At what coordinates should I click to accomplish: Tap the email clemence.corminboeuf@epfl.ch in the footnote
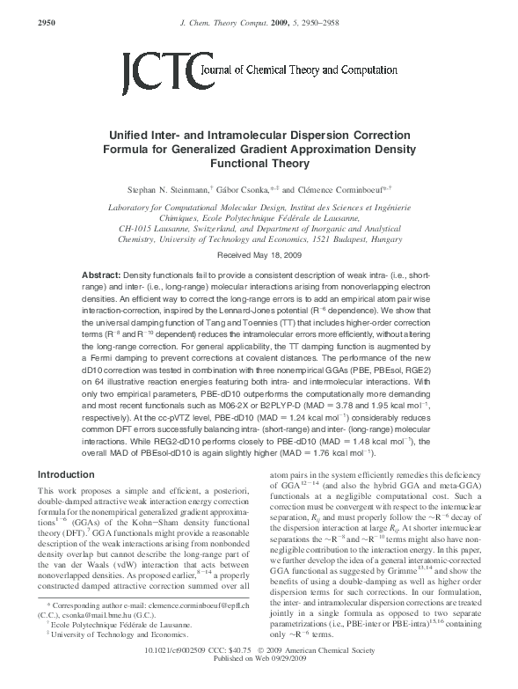(x=207, y=631)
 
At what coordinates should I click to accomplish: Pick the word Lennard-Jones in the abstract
(x=303, y=310)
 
